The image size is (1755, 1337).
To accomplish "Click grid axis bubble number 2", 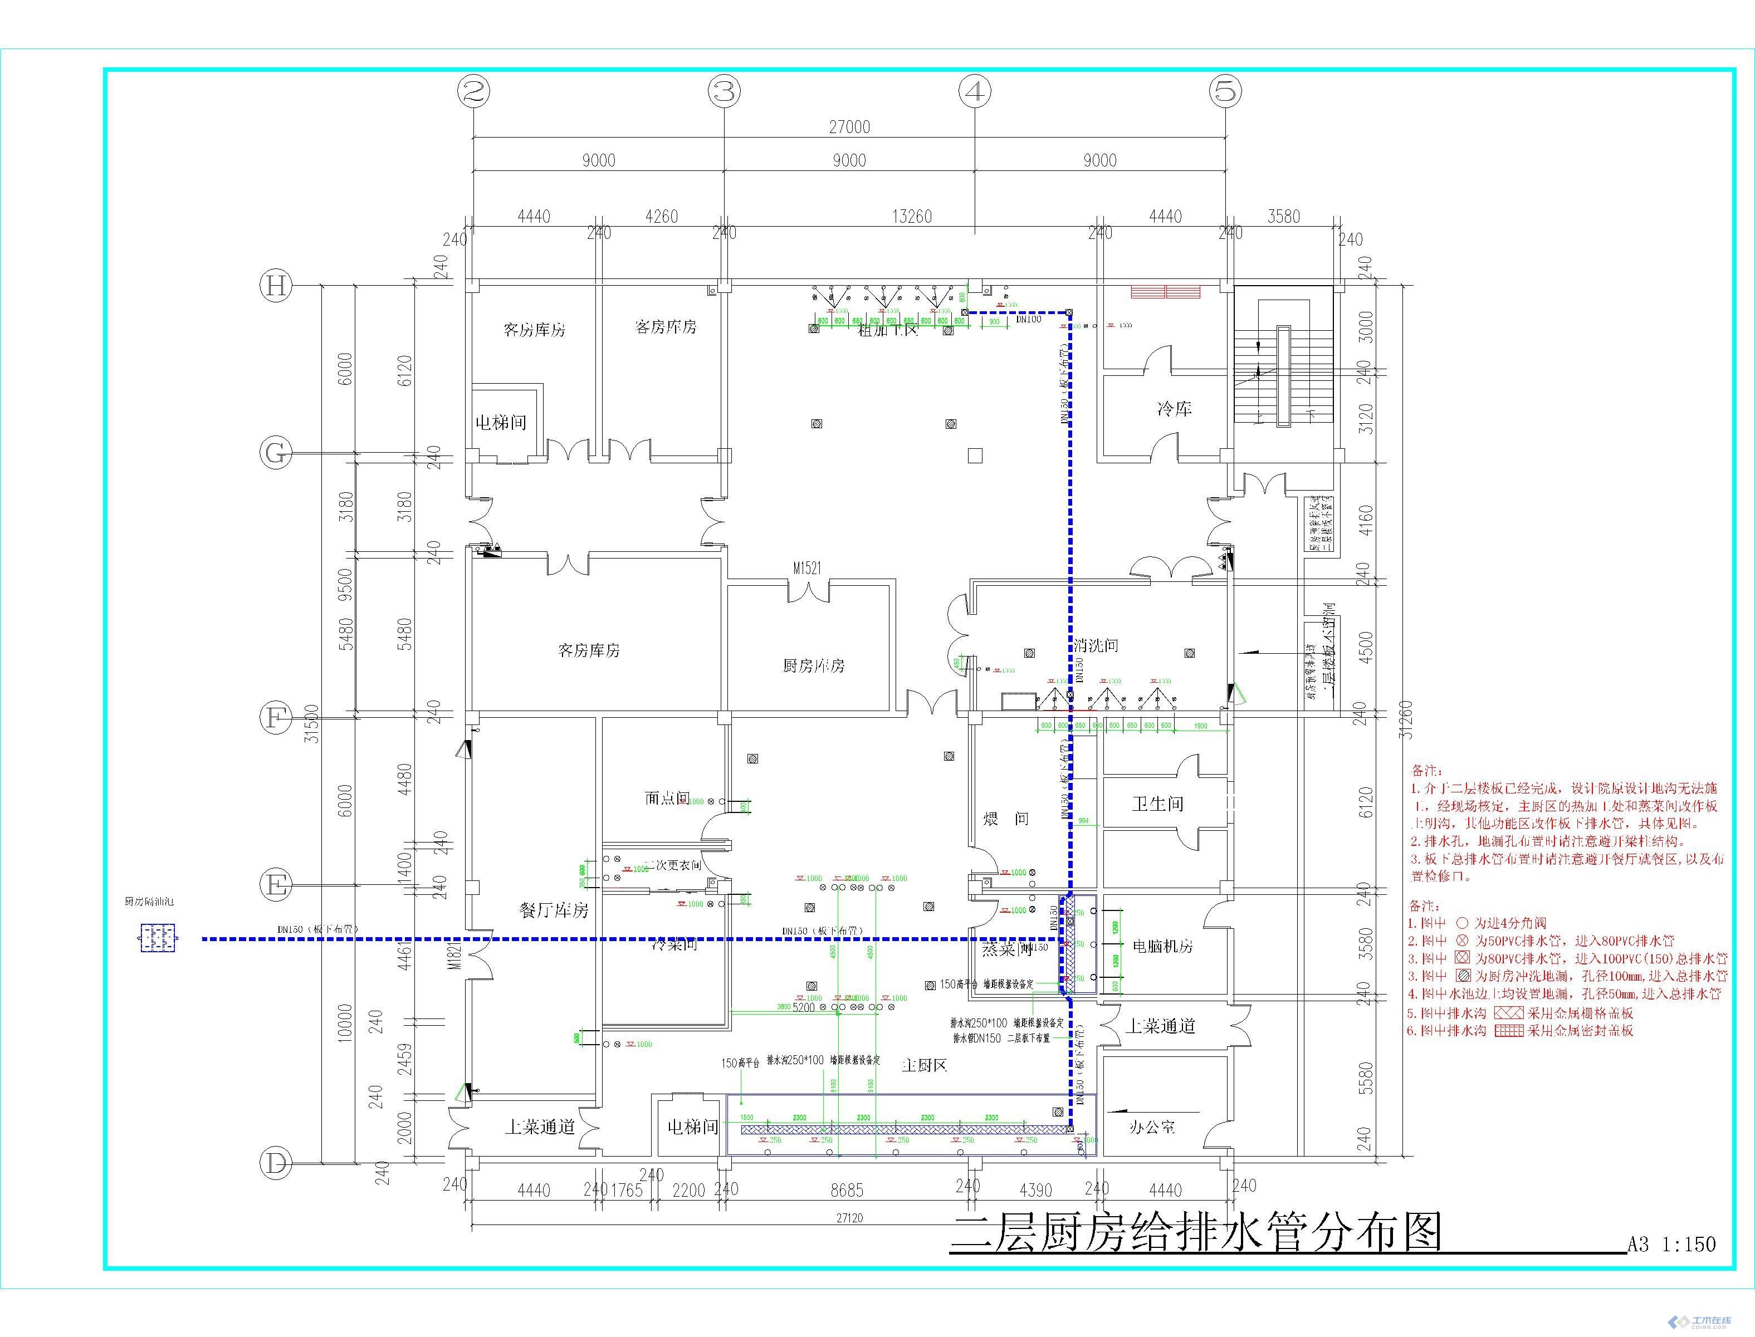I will click(473, 91).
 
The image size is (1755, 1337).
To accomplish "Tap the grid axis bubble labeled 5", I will click(1226, 91).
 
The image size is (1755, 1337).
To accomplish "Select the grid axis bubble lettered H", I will click(276, 285).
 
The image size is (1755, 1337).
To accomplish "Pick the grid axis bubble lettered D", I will click(276, 1163).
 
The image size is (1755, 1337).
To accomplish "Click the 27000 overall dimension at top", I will click(849, 126).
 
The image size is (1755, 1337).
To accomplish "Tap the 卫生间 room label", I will click(1157, 804).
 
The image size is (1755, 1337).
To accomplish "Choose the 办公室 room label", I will click(1152, 1127).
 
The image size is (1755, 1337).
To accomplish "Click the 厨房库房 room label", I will click(813, 665).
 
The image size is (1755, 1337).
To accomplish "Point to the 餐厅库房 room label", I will click(554, 910).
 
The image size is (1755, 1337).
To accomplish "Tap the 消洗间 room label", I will click(1096, 645).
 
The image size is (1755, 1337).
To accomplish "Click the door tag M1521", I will click(806, 568).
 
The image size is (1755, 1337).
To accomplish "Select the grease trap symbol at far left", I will click(158, 938).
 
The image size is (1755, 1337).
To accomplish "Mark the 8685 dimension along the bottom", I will click(846, 1190).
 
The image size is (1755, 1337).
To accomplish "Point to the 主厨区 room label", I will click(924, 1065).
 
